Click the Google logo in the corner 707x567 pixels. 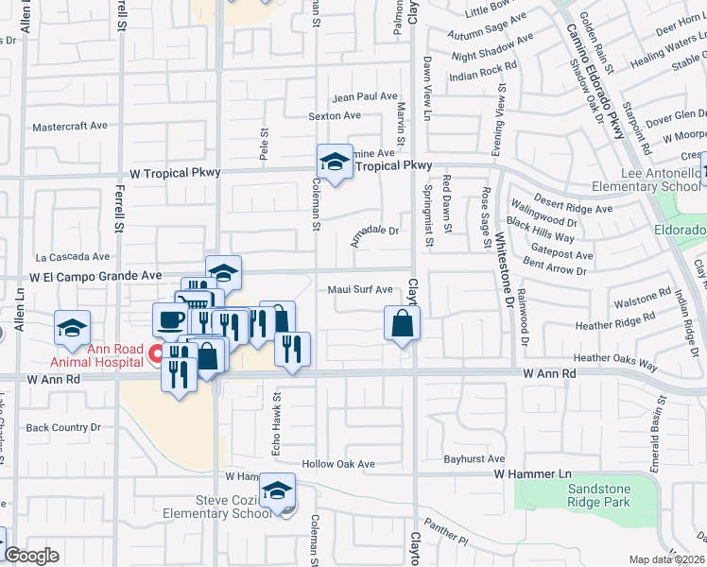point(31,556)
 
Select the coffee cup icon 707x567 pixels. point(170,318)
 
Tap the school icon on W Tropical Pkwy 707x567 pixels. point(334,163)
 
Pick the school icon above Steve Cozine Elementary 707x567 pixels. point(278,490)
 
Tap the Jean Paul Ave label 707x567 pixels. point(365,96)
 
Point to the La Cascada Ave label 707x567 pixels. point(73,256)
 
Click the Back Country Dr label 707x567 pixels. point(63,427)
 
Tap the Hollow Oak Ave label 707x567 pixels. point(338,464)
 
